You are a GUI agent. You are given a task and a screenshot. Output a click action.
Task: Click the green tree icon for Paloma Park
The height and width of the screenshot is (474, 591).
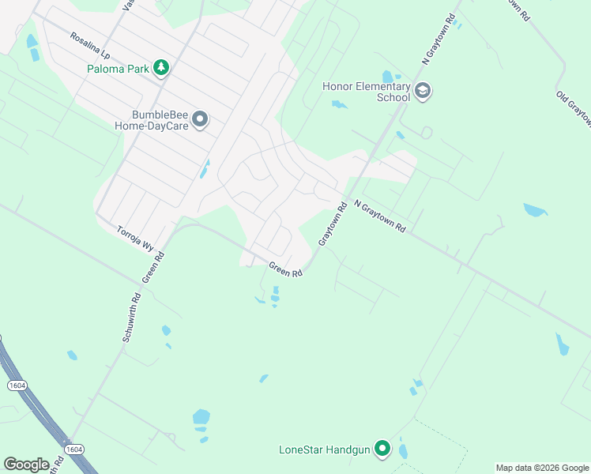tap(161, 68)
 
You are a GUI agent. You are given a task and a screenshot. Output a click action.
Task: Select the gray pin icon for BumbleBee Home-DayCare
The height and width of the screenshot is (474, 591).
tap(201, 119)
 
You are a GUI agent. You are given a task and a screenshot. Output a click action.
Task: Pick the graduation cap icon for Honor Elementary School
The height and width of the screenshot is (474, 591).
tap(423, 92)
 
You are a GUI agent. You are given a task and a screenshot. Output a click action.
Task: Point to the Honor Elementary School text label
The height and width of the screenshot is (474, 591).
tap(367, 92)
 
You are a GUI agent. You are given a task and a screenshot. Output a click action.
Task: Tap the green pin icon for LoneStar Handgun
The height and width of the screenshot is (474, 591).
tap(383, 450)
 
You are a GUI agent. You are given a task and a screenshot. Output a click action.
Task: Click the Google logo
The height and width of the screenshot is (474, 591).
tap(26, 465)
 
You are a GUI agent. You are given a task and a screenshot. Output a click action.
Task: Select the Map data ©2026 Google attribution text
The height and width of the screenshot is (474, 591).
tap(543, 468)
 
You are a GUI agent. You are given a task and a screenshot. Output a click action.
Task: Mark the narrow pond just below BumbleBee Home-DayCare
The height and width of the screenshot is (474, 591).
tap(205, 168)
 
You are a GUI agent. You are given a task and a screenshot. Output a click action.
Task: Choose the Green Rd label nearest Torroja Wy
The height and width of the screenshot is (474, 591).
tap(153, 268)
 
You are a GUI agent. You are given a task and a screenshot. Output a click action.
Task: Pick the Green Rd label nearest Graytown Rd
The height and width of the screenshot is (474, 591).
tap(286, 269)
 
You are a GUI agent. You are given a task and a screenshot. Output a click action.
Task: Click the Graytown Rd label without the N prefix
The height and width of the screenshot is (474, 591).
tap(333, 224)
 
